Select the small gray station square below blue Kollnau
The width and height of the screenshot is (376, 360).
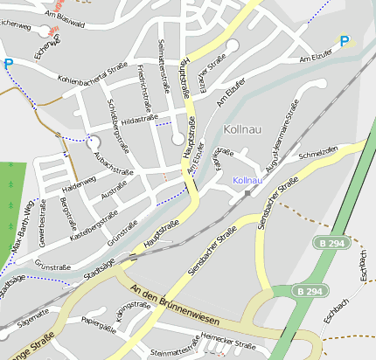[248, 192]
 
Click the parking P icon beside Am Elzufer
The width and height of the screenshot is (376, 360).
[345, 40]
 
